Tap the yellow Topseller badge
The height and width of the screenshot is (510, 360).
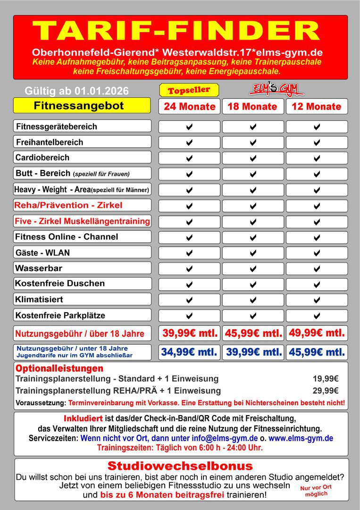(189, 90)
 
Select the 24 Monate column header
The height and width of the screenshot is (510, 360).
(189, 106)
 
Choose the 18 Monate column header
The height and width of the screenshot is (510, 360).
(252, 106)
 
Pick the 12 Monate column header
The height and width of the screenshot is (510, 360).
(316, 106)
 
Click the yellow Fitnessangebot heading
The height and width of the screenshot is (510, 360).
(79, 106)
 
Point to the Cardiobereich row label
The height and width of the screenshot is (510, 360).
(42, 158)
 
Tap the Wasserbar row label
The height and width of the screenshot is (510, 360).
(39, 268)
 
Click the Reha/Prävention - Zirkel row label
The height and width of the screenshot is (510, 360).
(68, 205)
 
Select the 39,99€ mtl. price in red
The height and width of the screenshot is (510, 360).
(189, 333)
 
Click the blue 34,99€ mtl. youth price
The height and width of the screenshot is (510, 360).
(189, 352)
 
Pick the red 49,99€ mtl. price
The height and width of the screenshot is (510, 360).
(316, 333)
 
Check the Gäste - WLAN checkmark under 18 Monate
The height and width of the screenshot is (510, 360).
(253, 253)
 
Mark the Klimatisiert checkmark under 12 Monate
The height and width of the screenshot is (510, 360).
(317, 300)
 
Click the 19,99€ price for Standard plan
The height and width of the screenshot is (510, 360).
(326, 379)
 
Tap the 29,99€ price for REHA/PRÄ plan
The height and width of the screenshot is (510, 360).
(326, 391)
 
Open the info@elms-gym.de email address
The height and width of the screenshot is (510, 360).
(224, 438)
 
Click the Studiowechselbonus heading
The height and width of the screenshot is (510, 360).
(180, 466)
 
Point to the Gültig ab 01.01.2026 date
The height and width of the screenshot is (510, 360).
(76, 91)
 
